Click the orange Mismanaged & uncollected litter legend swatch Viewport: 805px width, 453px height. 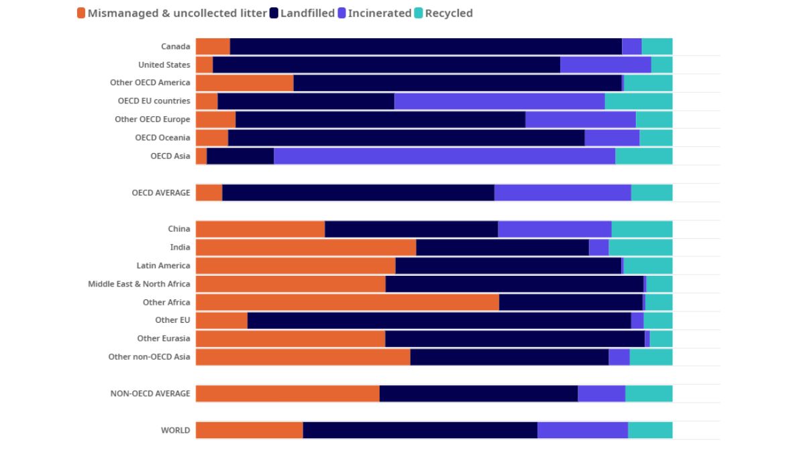click(x=81, y=13)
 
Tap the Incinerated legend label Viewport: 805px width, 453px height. click(x=379, y=13)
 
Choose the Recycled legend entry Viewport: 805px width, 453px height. click(x=448, y=13)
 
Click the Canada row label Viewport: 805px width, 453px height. click(x=175, y=46)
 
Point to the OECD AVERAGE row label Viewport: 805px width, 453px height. click(x=161, y=193)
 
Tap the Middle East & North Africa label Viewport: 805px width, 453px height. click(x=139, y=284)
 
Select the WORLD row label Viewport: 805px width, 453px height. click(x=175, y=430)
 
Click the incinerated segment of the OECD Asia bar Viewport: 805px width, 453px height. click(x=444, y=156)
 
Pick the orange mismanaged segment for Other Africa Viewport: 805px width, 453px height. click(x=347, y=302)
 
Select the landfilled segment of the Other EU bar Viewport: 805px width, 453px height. click(x=439, y=320)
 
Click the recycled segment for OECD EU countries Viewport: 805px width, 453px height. click(x=638, y=101)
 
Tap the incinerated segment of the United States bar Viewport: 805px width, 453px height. click(x=605, y=64)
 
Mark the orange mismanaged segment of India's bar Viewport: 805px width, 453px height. click(x=305, y=247)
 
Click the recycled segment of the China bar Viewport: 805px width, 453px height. click(x=641, y=229)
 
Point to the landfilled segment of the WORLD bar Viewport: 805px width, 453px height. click(x=420, y=430)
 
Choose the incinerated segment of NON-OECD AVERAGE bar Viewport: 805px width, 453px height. click(x=601, y=393)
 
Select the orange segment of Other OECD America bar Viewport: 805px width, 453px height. click(x=244, y=83)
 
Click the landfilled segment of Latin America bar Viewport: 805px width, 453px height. click(x=508, y=265)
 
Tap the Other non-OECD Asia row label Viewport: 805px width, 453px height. click(x=149, y=356)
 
